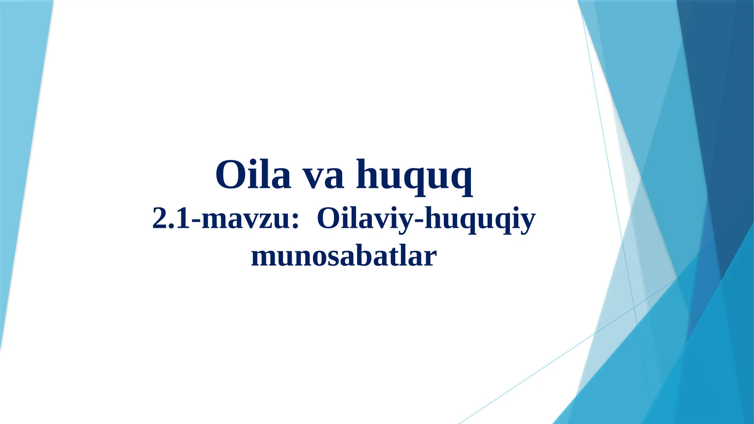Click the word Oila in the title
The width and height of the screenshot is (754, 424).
(253, 175)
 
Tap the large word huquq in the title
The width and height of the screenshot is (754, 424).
(414, 176)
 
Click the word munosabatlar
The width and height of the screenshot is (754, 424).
(344, 257)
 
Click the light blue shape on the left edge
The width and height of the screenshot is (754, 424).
(19, 141)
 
